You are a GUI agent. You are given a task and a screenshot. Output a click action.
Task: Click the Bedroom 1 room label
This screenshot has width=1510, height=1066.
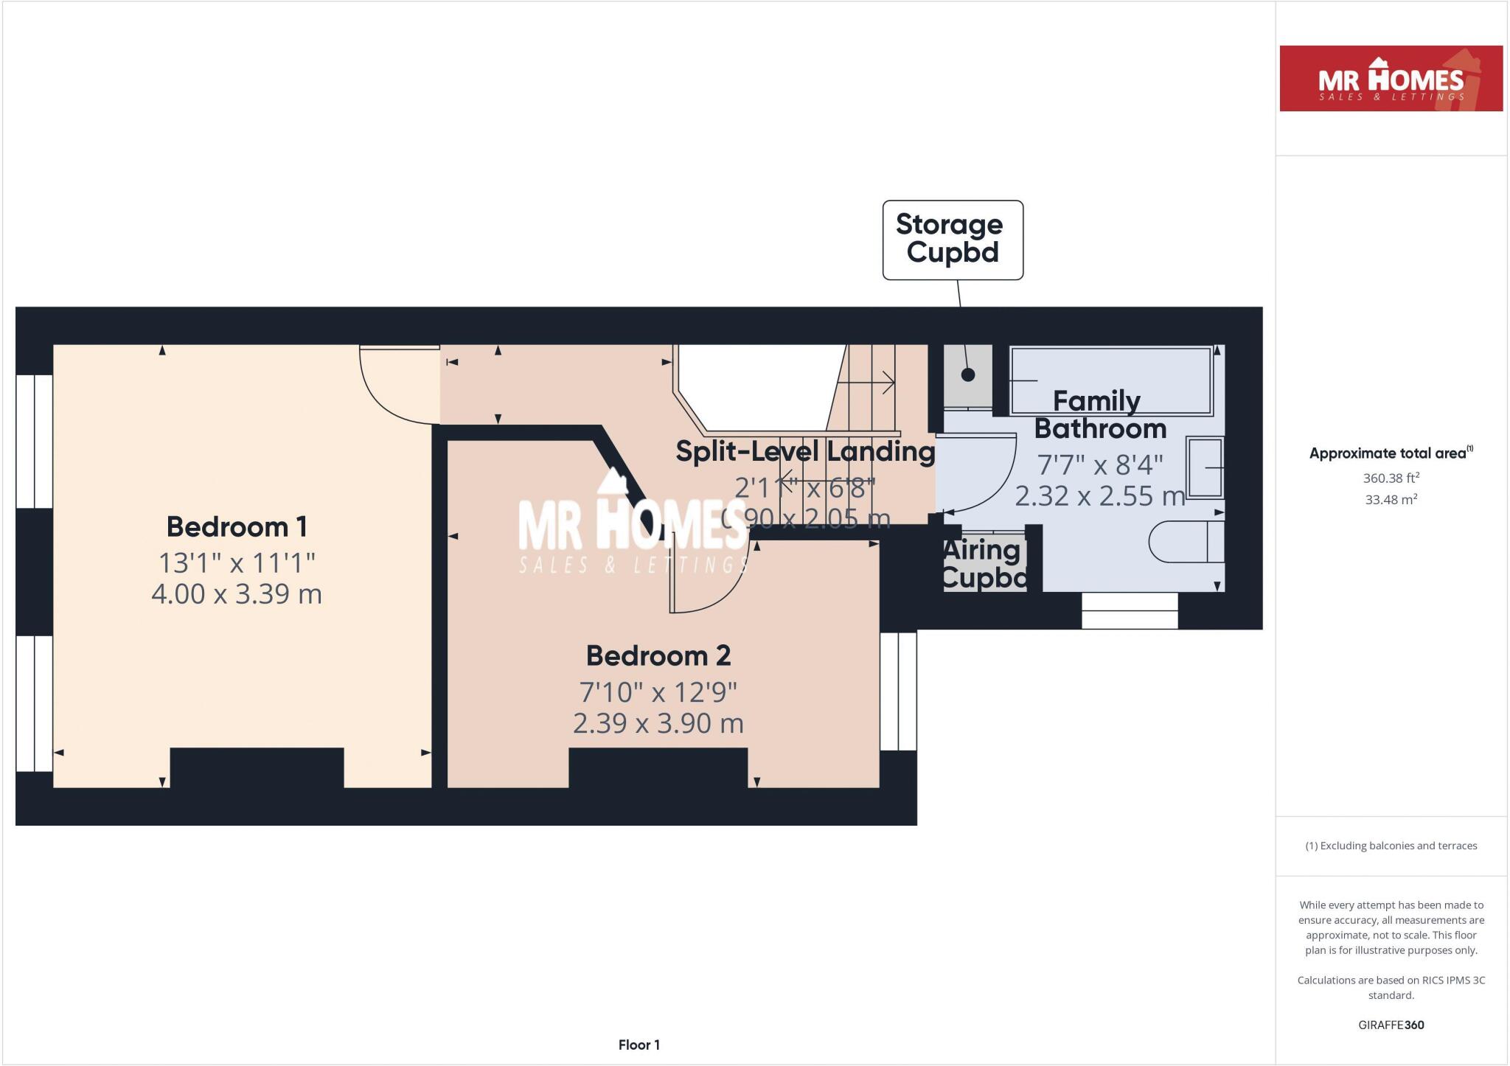(236, 527)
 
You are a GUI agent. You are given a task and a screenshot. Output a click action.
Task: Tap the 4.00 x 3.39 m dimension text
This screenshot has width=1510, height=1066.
(236, 594)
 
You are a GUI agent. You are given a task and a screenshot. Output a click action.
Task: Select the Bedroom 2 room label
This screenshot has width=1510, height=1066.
(658, 655)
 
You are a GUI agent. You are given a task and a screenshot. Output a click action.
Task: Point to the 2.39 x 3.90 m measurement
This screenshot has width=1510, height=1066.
(658, 723)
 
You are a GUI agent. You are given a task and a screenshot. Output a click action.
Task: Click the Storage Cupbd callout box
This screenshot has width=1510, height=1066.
(953, 240)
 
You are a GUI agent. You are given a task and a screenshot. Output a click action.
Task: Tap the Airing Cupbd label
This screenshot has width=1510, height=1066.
(984, 564)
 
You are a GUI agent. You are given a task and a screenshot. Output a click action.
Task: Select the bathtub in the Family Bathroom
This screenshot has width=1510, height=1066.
(1110, 381)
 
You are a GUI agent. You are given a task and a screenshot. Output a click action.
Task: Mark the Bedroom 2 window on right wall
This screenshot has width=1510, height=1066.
(898, 691)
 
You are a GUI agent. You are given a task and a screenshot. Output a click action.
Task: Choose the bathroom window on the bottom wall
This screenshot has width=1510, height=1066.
(1129, 611)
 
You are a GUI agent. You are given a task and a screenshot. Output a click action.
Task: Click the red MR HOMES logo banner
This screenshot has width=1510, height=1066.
(1391, 79)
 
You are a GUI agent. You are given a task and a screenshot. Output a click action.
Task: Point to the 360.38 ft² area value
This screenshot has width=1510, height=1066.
(1391, 478)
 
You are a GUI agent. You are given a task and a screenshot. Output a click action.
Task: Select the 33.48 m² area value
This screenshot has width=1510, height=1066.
(1391, 499)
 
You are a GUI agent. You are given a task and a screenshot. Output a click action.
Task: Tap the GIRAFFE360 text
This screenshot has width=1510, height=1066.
(1391, 1025)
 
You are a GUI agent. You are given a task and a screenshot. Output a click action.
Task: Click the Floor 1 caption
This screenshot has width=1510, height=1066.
(639, 1045)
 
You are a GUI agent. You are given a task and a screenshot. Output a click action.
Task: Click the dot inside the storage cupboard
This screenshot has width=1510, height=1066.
(968, 375)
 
